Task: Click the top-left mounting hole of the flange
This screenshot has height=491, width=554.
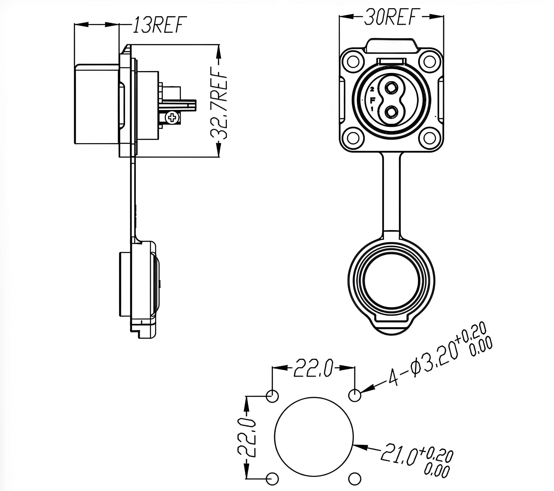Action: click(x=353, y=62)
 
